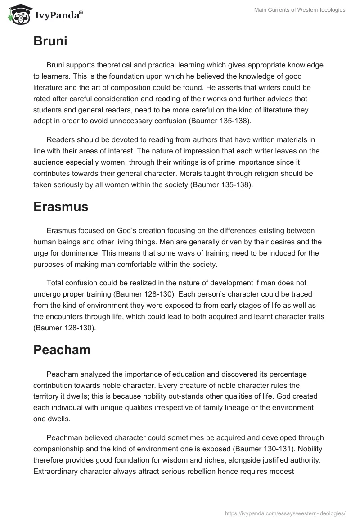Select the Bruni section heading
coord(50,41)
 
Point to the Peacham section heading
coord(62,350)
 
